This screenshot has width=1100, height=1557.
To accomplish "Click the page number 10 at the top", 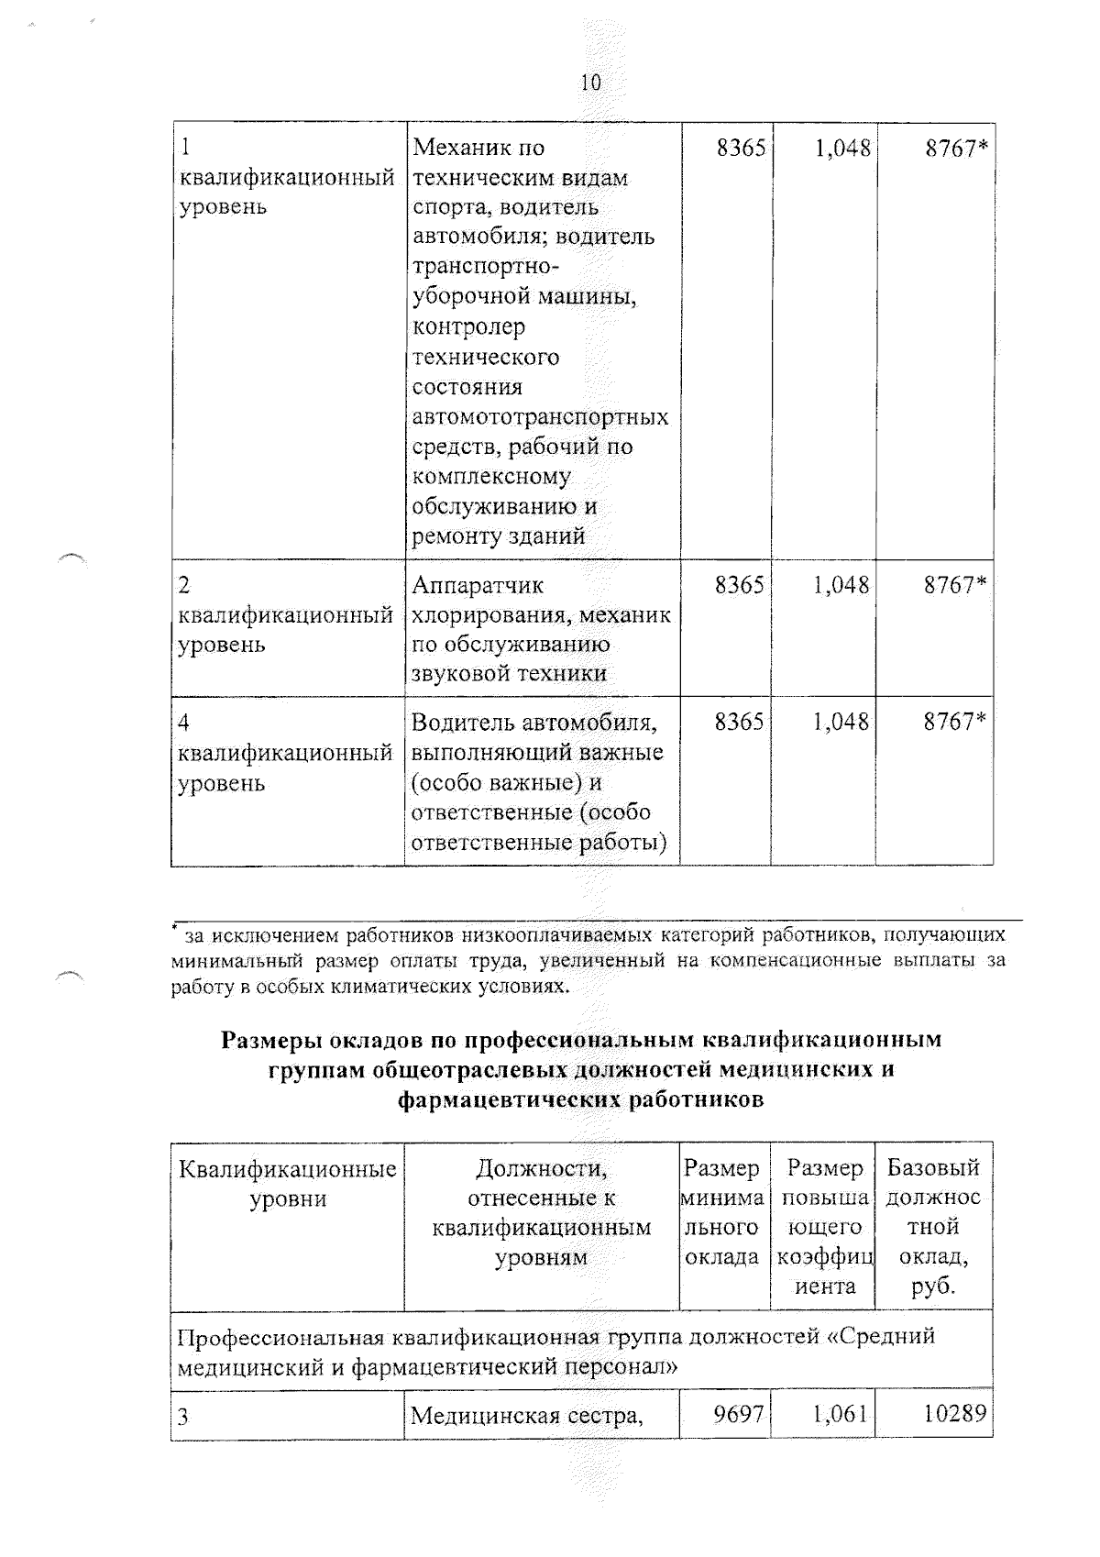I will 590,83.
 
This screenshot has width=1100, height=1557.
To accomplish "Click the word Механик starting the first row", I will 466,148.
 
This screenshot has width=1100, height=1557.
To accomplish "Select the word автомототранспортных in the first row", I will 540,417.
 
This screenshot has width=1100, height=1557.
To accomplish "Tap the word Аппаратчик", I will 477,585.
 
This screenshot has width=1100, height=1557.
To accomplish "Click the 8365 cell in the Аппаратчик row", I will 739,585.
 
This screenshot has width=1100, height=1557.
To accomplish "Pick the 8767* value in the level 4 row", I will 955,722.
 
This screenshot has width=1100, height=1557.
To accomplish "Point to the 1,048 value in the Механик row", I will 841,148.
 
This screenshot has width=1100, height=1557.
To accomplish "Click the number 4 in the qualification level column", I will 183,723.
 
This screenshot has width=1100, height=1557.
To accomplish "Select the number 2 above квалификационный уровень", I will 183,585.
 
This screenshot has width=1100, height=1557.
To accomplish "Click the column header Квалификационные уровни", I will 288,1183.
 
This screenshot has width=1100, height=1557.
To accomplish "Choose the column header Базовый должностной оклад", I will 933,1226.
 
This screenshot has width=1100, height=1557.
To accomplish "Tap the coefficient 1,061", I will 840,1414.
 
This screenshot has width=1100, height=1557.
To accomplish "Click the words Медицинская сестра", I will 525,1417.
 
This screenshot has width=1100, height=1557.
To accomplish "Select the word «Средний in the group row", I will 880,1336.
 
